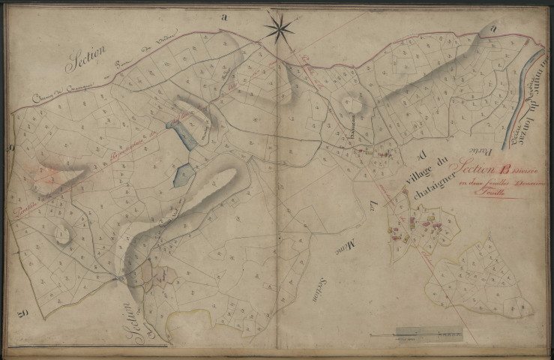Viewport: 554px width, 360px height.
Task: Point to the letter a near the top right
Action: [493, 28]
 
